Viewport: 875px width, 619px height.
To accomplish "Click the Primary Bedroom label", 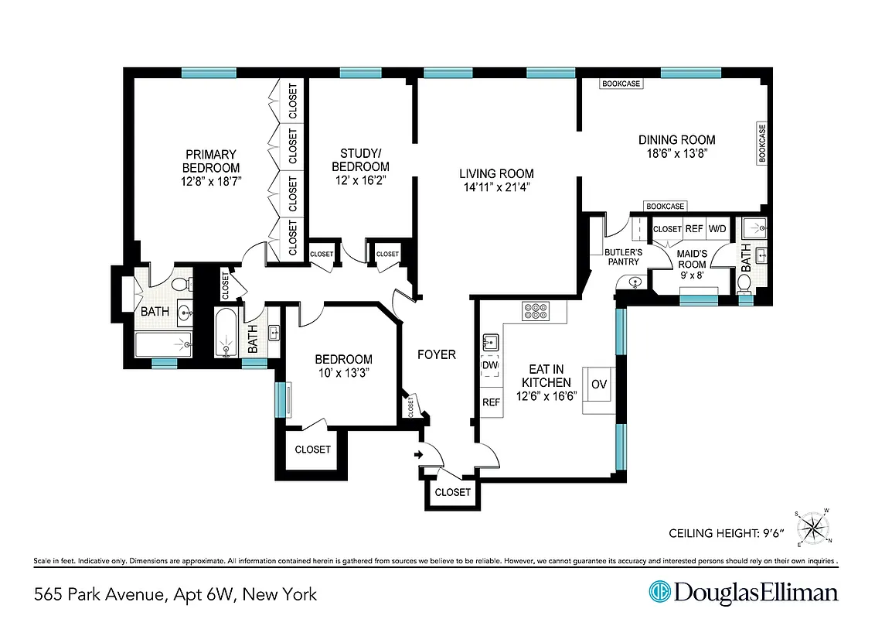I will click(210, 161).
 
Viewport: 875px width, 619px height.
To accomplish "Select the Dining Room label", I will click(676, 140).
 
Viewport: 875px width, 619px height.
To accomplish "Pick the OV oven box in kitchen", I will click(598, 384).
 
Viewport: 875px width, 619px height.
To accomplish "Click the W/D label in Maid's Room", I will click(717, 229).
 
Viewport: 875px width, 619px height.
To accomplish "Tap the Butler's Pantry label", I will click(623, 258).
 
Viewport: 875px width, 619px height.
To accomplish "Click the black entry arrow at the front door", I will click(420, 455).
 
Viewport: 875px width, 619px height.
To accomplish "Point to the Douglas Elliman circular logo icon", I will click(659, 593).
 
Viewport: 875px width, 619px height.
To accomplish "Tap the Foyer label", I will click(436, 355).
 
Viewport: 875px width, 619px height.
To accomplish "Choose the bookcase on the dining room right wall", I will click(761, 143).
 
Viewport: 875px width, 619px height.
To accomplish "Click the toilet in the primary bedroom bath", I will click(182, 286).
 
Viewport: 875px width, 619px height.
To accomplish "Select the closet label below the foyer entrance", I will click(452, 492).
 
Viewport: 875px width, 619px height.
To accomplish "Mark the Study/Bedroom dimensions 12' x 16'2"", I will click(360, 180).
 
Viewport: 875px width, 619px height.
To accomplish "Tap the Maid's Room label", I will click(692, 259).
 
